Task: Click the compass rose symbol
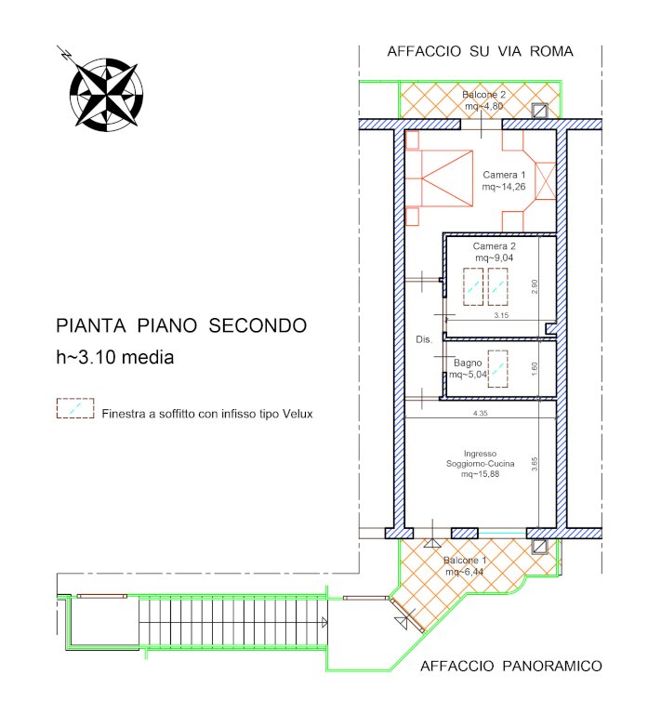(106, 93)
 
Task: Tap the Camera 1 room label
(504, 180)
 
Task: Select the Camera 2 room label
(495, 252)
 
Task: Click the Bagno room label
(468, 368)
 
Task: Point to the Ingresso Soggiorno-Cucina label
(481, 464)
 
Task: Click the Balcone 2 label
(484, 100)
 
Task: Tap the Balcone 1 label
(465, 565)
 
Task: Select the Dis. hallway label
(424, 339)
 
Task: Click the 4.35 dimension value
(481, 414)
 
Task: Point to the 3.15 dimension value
(501, 315)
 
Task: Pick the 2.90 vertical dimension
(535, 286)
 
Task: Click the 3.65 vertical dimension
(535, 464)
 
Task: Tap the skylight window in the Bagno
(498, 368)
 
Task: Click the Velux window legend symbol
(75, 408)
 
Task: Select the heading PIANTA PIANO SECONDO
(181, 325)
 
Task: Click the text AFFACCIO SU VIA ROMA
(480, 51)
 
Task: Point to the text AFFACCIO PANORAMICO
(510, 667)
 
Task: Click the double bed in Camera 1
(440, 178)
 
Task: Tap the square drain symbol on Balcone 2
(540, 111)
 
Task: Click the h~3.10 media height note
(114, 357)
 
